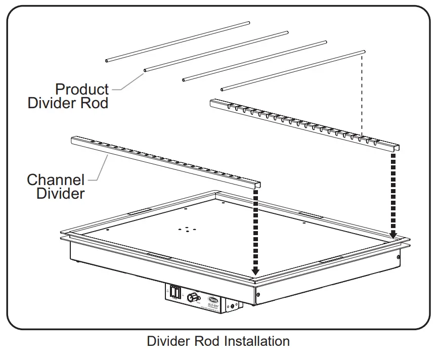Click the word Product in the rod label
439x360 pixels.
point(82,89)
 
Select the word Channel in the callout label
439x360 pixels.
point(56,179)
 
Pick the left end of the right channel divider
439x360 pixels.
point(212,103)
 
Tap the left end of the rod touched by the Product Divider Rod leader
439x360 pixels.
point(146,70)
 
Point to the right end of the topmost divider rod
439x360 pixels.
point(248,23)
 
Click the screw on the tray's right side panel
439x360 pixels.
point(399,257)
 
